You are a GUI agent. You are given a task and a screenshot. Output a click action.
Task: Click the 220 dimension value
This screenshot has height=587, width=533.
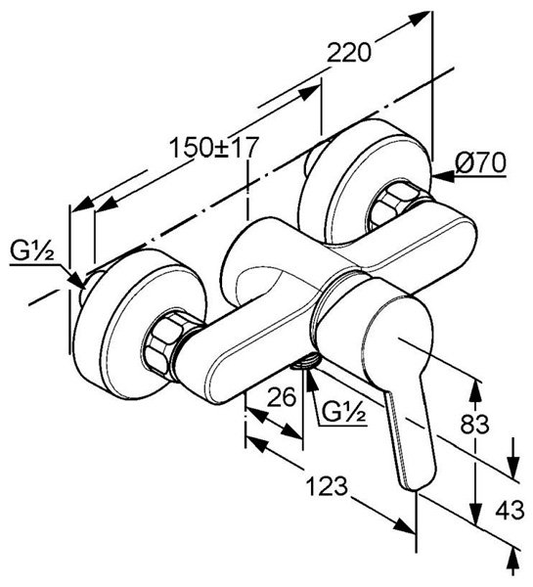point(349,53)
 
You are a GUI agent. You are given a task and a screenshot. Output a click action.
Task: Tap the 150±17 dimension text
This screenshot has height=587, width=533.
point(214,147)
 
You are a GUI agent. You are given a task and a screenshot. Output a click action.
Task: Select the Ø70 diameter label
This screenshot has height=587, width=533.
point(480,162)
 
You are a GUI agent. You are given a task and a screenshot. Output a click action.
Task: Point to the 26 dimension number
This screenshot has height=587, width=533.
point(282,396)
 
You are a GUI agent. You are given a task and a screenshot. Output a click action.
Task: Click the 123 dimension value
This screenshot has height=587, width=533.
point(327,486)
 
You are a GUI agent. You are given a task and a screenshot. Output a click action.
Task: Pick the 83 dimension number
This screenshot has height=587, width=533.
point(474,425)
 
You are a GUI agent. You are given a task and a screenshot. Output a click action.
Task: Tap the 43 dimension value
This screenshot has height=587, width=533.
point(510,510)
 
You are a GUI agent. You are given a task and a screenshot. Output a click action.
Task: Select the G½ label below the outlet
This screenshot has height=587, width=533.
point(343,412)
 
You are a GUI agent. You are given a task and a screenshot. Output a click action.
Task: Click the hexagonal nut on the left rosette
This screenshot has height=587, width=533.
point(164,345)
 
